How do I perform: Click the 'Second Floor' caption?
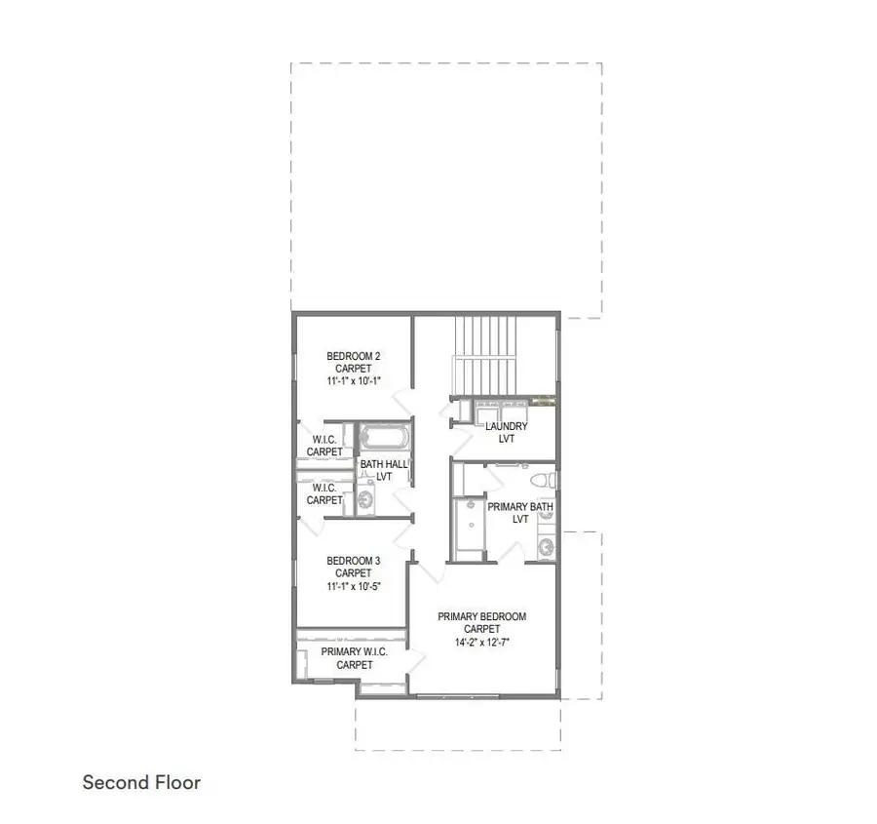[141, 782]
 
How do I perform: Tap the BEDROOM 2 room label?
[353, 355]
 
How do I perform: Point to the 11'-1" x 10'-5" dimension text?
[353, 587]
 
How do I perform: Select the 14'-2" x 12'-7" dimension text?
[481, 643]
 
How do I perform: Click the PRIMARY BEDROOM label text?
[481, 616]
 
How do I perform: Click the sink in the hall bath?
[366, 500]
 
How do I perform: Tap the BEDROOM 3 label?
[353, 561]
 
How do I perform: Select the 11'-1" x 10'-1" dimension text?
[353, 381]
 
